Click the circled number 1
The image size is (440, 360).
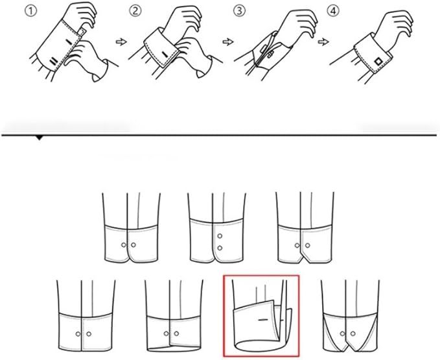[x=31, y=11]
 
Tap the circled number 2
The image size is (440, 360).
[x=135, y=11]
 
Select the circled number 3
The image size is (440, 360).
[x=239, y=11]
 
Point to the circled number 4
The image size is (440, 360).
[x=333, y=11]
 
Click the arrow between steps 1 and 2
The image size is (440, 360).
[x=121, y=42]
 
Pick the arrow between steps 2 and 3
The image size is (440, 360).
[x=228, y=42]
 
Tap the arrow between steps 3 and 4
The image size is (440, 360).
[x=323, y=42]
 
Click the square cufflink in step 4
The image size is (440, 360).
[x=378, y=62]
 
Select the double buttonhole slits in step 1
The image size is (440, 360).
[x=53, y=62]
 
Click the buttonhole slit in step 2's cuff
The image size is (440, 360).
[x=165, y=54]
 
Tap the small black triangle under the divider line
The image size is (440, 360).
[x=40, y=138]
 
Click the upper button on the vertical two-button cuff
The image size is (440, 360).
[x=220, y=236]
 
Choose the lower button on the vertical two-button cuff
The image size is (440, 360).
[x=220, y=248]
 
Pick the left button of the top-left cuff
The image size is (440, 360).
[x=124, y=245]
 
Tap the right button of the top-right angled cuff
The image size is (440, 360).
[x=308, y=245]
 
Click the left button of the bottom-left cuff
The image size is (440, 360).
[x=78, y=334]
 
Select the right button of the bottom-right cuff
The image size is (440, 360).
[x=353, y=333]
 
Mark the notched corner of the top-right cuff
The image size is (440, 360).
[x=302, y=258]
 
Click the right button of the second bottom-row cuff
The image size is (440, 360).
[x=176, y=333]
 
